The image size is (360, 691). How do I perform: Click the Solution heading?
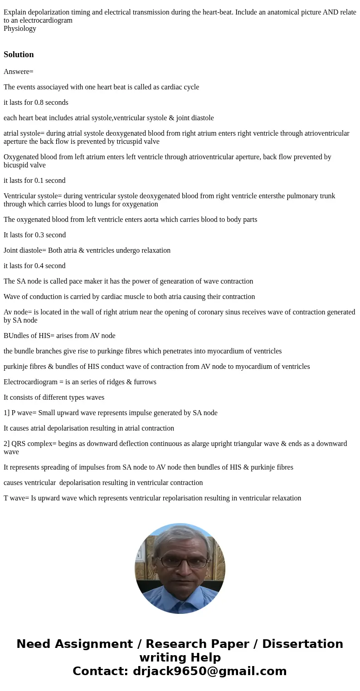tap(19, 54)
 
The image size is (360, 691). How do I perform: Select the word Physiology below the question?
tap(20, 29)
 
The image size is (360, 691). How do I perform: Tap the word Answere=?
tap(19, 72)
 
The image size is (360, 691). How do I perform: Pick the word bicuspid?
tap(15, 165)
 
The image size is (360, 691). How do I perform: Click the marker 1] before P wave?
tap(6, 413)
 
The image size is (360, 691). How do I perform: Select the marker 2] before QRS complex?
tap(7, 444)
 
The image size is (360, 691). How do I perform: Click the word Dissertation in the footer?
tap(302, 644)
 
